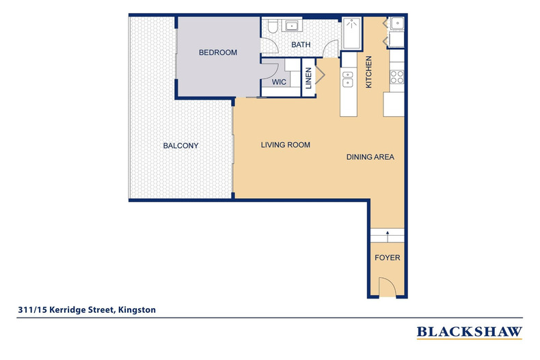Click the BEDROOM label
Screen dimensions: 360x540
pos(217,53)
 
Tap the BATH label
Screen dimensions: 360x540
pos(301,45)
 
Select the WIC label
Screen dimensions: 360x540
pos(278,81)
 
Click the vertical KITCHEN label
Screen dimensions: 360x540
pos(368,72)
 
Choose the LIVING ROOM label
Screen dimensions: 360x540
pos(286,145)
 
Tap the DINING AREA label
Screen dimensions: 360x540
pos(370,157)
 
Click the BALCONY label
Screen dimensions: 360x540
pos(180,146)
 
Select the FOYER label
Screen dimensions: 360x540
pos(388,258)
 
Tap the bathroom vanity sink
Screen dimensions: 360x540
pos(293,27)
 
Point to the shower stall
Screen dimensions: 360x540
pos(352,33)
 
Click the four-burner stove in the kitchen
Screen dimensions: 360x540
pos(396,77)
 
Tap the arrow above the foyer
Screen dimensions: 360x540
pos(388,234)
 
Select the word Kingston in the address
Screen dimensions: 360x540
pos(137,309)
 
